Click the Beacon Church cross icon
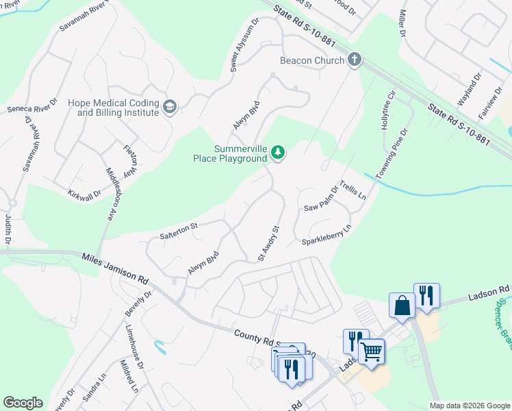pyautogui.click(x=355, y=60)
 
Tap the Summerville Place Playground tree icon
pyautogui.click(x=277, y=152)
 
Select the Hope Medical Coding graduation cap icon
pyautogui.click(x=169, y=107)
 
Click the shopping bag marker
pyautogui.click(x=402, y=305)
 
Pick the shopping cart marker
pyautogui.click(x=372, y=351)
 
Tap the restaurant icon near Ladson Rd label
pyautogui.click(x=426, y=296)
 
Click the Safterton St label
pyautogui.click(x=178, y=230)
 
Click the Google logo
pyautogui.click(x=23, y=403)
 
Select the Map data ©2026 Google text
pyautogui.click(x=470, y=406)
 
